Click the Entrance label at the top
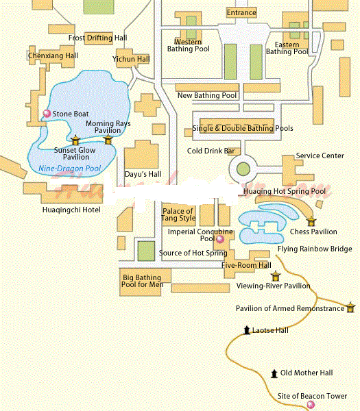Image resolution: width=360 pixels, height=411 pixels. [x=241, y=12]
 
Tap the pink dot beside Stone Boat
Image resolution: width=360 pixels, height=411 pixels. [x=47, y=114]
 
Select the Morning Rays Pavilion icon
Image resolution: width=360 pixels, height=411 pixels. [x=108, y=140]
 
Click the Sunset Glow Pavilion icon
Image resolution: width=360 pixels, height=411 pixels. [x=75, y=142]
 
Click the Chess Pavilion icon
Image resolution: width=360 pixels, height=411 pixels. [x=311, y=221]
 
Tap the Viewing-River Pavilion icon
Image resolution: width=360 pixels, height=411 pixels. [x=276, y=276]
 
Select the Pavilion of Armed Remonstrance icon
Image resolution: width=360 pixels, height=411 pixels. [x=351, y=307]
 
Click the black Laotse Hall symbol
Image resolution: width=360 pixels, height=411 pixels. [x=247, y=331]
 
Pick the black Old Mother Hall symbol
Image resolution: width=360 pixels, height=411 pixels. [x=274, y=373]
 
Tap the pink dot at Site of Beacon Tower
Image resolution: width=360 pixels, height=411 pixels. [x=310, y=406]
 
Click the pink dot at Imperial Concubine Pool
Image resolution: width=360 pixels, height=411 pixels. [x=219, y=240]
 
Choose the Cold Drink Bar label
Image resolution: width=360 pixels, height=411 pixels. [x=211, y=151]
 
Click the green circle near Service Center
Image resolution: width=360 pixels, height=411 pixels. [x=243, y=169]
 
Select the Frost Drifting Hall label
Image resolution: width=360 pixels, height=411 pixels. [x=97, y=38]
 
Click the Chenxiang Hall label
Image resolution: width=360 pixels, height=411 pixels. [x=53, y=55]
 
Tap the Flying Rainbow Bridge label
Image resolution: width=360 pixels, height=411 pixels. [x=315, y=249]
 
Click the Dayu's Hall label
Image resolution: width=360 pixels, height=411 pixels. [x=143, y=175]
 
